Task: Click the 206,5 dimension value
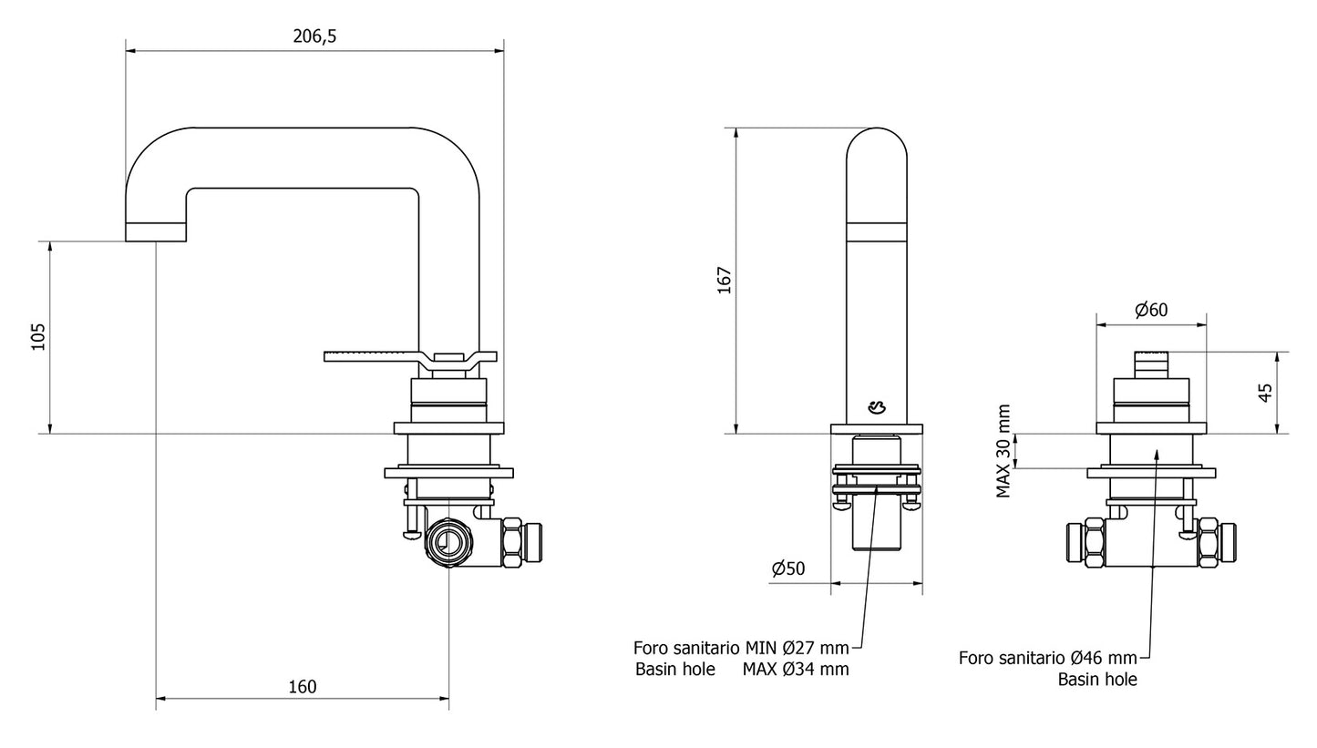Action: pos(314,36)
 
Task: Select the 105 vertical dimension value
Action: pos(38,337)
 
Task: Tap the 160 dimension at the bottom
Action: pos(302,687)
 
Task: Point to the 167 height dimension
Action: pos(725,280)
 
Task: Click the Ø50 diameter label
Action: pos(788,569)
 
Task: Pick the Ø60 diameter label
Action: pos(1151,311)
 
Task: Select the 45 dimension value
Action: pos(1265,393)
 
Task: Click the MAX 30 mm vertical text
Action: pos(1003,451)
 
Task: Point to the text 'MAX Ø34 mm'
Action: pos(795,670)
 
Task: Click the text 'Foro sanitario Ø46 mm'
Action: pos(1047,658)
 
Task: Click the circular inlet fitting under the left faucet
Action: pos(448,542)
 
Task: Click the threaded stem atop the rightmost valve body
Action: pos(1151,364)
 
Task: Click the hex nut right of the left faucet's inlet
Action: pos(511,542)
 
